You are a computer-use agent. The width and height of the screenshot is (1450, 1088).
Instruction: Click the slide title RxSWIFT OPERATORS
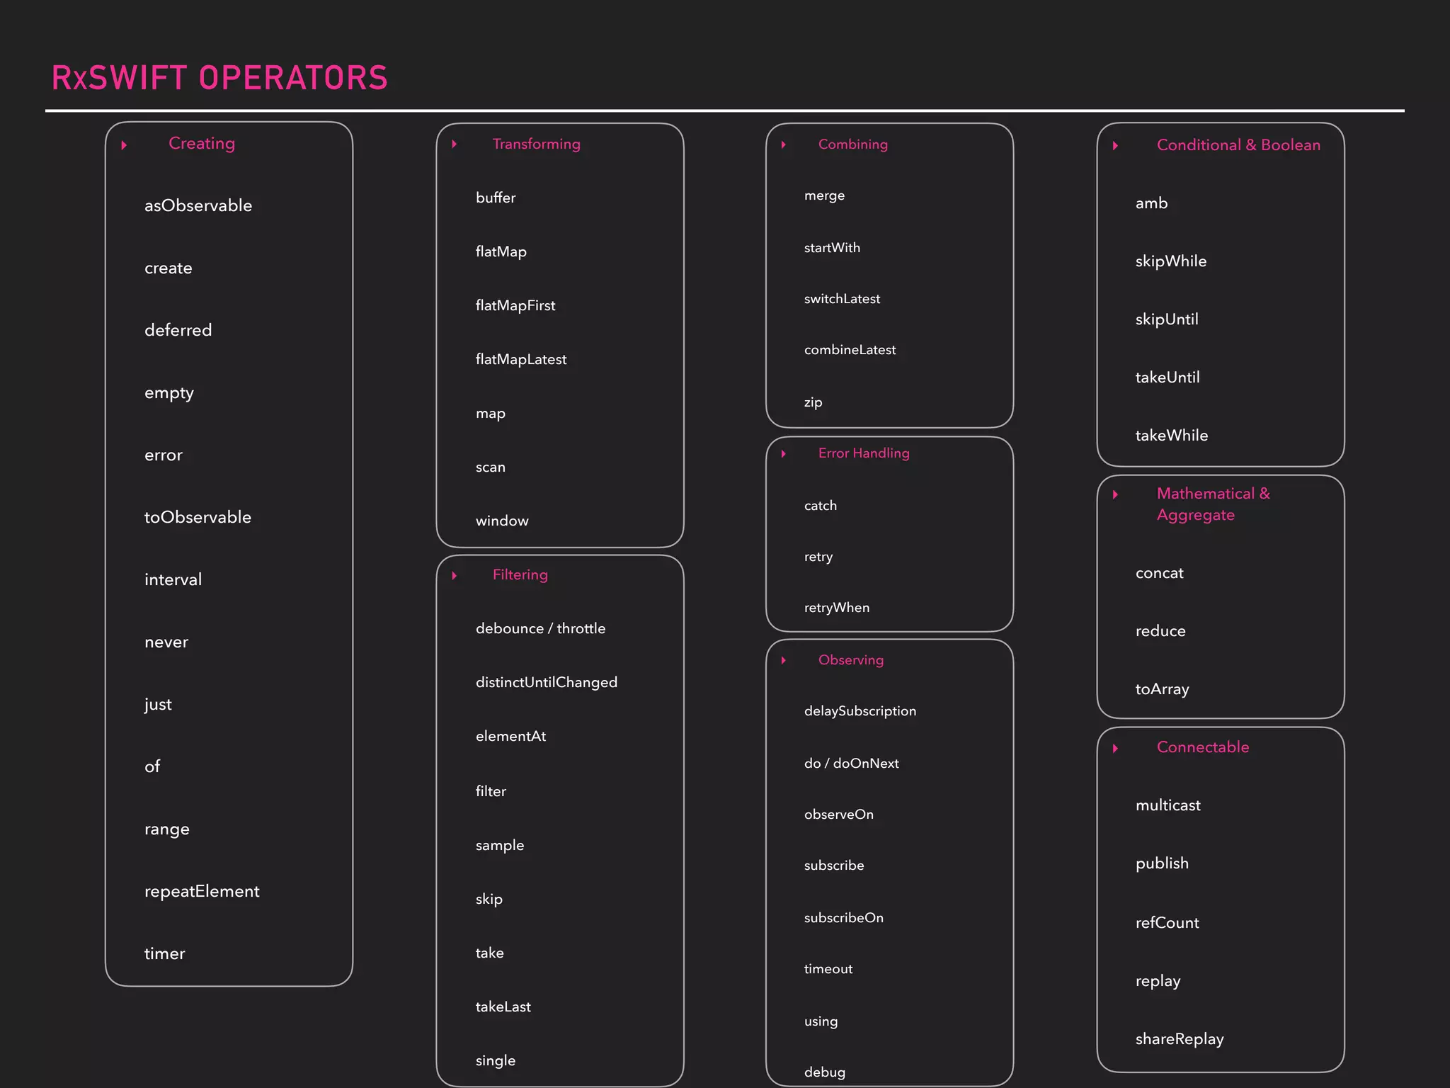click(219, 78)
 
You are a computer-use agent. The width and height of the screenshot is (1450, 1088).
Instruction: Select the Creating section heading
click(202, 144)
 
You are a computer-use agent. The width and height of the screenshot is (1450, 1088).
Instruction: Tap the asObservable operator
click(198, 206)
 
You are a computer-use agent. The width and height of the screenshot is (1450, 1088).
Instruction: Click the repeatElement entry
click(202, 892)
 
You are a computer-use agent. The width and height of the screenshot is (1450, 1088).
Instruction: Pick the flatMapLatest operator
click(521, 360)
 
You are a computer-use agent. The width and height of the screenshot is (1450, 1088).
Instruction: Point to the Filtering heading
click(520, 575)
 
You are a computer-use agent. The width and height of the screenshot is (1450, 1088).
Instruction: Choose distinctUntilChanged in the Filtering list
click(547, 683)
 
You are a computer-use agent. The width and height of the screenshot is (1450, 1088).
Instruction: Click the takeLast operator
click(503, 1007)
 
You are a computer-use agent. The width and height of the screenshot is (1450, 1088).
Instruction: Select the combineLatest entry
click(850, 350)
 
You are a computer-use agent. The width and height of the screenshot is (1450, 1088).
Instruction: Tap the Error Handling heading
click(864, 453)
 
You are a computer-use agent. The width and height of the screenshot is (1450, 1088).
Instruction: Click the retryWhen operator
click(837, 608)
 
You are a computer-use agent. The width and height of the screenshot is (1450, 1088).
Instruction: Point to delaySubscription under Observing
click(860, 711)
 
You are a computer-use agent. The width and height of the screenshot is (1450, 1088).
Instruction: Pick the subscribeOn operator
click(844, 918)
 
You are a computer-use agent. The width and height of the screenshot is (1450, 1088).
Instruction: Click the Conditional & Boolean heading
click(1238, 145)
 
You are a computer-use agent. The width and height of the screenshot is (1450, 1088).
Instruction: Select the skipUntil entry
click(1167, 319)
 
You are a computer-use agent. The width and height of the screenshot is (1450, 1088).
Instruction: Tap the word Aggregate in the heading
click(1196, 516)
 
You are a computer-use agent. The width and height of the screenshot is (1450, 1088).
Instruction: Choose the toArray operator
click(1163, 689)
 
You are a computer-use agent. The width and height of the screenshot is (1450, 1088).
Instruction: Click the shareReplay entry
click(1180, 1039)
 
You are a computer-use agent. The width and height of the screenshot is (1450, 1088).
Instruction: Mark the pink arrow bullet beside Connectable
click(1115, 749)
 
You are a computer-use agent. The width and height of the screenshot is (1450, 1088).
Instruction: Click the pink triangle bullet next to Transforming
click(455, 144)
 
